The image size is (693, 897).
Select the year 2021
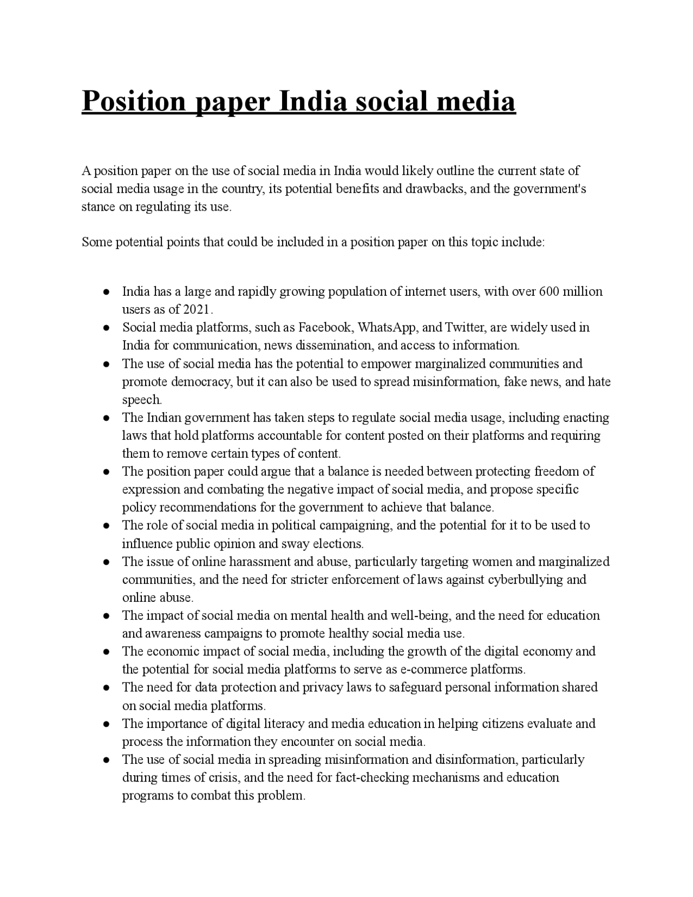point(198,310)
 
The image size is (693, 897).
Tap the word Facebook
point(325,328)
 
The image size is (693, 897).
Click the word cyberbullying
point(525,580)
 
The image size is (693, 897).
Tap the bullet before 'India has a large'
point(107,292)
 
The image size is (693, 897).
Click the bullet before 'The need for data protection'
point(107,688)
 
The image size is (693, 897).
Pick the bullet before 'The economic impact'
point(107,652)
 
